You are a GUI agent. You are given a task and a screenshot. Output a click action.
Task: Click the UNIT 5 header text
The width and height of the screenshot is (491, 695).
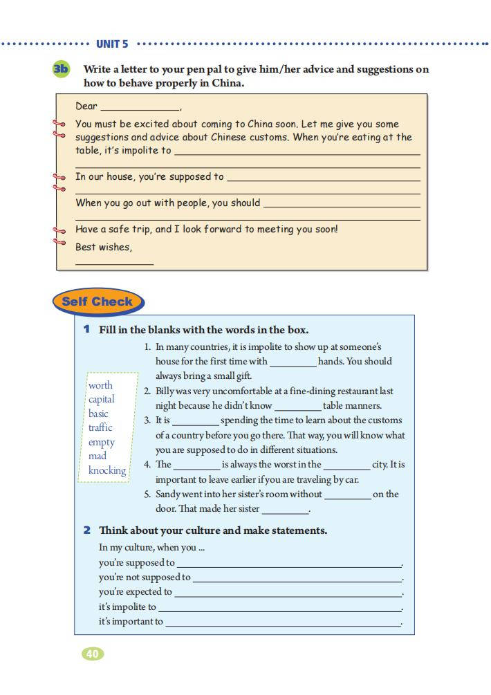tap(112, 44)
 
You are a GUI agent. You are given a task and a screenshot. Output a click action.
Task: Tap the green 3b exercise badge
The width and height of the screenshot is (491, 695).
tap(62, 69)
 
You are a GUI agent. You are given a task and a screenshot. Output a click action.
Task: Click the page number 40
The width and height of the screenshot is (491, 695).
tap(93, 653)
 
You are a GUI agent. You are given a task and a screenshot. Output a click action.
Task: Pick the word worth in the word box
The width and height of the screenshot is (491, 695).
tap(100, 385)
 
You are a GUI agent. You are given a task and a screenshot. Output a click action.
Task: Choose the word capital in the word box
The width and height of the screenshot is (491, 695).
tap(102, 399)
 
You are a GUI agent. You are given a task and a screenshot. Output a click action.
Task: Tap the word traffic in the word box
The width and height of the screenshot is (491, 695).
tap(100, 427)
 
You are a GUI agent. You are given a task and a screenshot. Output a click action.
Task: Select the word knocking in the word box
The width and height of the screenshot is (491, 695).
tap(107, 470)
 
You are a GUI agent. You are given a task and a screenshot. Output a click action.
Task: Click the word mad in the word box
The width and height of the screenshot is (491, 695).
tap(98, 456)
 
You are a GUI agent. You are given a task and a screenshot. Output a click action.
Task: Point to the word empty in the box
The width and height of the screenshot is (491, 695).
tap(102, 442)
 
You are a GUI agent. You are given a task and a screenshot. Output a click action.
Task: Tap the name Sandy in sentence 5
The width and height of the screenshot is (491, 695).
tap(169, 494)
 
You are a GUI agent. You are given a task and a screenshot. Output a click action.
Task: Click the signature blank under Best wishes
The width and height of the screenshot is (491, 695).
tap(114, 263)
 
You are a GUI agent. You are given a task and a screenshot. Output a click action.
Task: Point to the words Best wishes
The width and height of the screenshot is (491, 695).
tap(103, 247)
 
